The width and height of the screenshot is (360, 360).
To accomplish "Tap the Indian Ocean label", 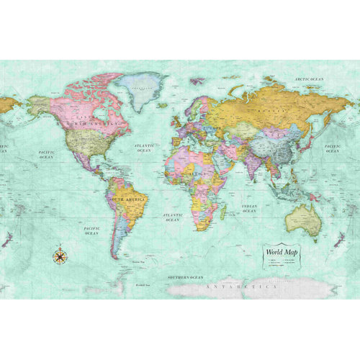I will pyautogui.click(x=248, y=209).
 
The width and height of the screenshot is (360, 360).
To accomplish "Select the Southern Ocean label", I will pyautogui.click(x=185, y=277).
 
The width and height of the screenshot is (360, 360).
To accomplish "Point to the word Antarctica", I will pyautogui.click(x=241, y=287).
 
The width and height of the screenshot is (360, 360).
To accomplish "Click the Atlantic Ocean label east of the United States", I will pyautogui.click(x=144, y=148).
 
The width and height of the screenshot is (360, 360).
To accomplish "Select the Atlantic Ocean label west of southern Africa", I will pyautogui.click(x=172, y=217).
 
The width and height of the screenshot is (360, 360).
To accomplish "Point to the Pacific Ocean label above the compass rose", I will pyautogui.click(x=91, y=230).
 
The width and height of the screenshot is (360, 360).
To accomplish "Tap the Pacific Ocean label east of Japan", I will pyautogui.click(x=332, y=148).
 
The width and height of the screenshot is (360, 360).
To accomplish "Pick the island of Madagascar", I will pyautogui.click(x=224, y=213).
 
